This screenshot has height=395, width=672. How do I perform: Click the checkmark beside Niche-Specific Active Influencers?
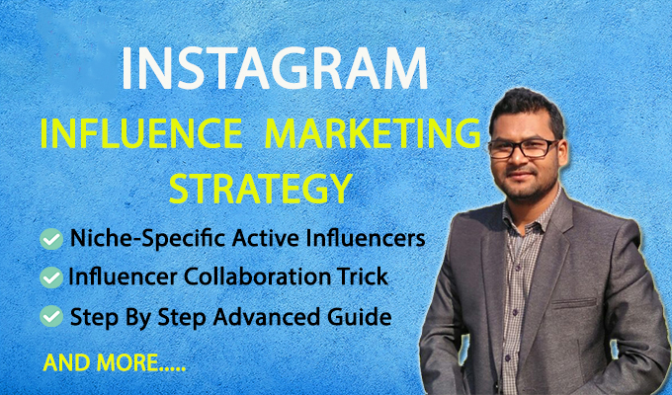pos(48,239)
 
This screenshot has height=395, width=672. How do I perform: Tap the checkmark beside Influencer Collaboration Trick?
pos(48,279)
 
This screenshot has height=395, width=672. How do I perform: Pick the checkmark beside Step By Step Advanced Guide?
pos(48,319)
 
